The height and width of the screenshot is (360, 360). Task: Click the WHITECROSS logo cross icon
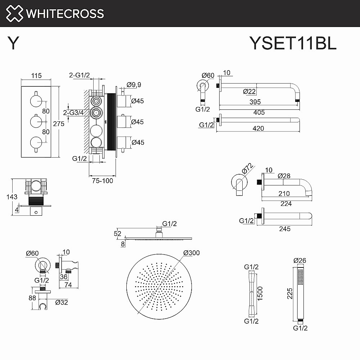tap(13, 13)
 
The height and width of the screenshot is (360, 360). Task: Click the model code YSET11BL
tap(293, 44)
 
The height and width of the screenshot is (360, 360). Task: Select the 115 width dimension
tap(36, 76)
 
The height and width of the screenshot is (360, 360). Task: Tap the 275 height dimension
tap(58, 123)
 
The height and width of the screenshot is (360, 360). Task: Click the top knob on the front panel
tap(36, 100)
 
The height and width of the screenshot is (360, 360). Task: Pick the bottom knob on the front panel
tap(36, 142)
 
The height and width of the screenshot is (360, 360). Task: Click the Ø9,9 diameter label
tap(134, 85)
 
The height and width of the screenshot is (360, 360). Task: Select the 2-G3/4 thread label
tap(73, 112)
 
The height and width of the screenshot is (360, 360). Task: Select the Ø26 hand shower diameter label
tap(300, 260)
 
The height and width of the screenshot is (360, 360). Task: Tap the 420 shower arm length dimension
tap(258, 128)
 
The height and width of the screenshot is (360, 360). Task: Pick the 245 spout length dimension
tap(284, 228)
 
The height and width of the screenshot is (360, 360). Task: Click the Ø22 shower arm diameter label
tap(249, 91)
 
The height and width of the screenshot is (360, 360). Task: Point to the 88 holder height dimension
tap(32, 298)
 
